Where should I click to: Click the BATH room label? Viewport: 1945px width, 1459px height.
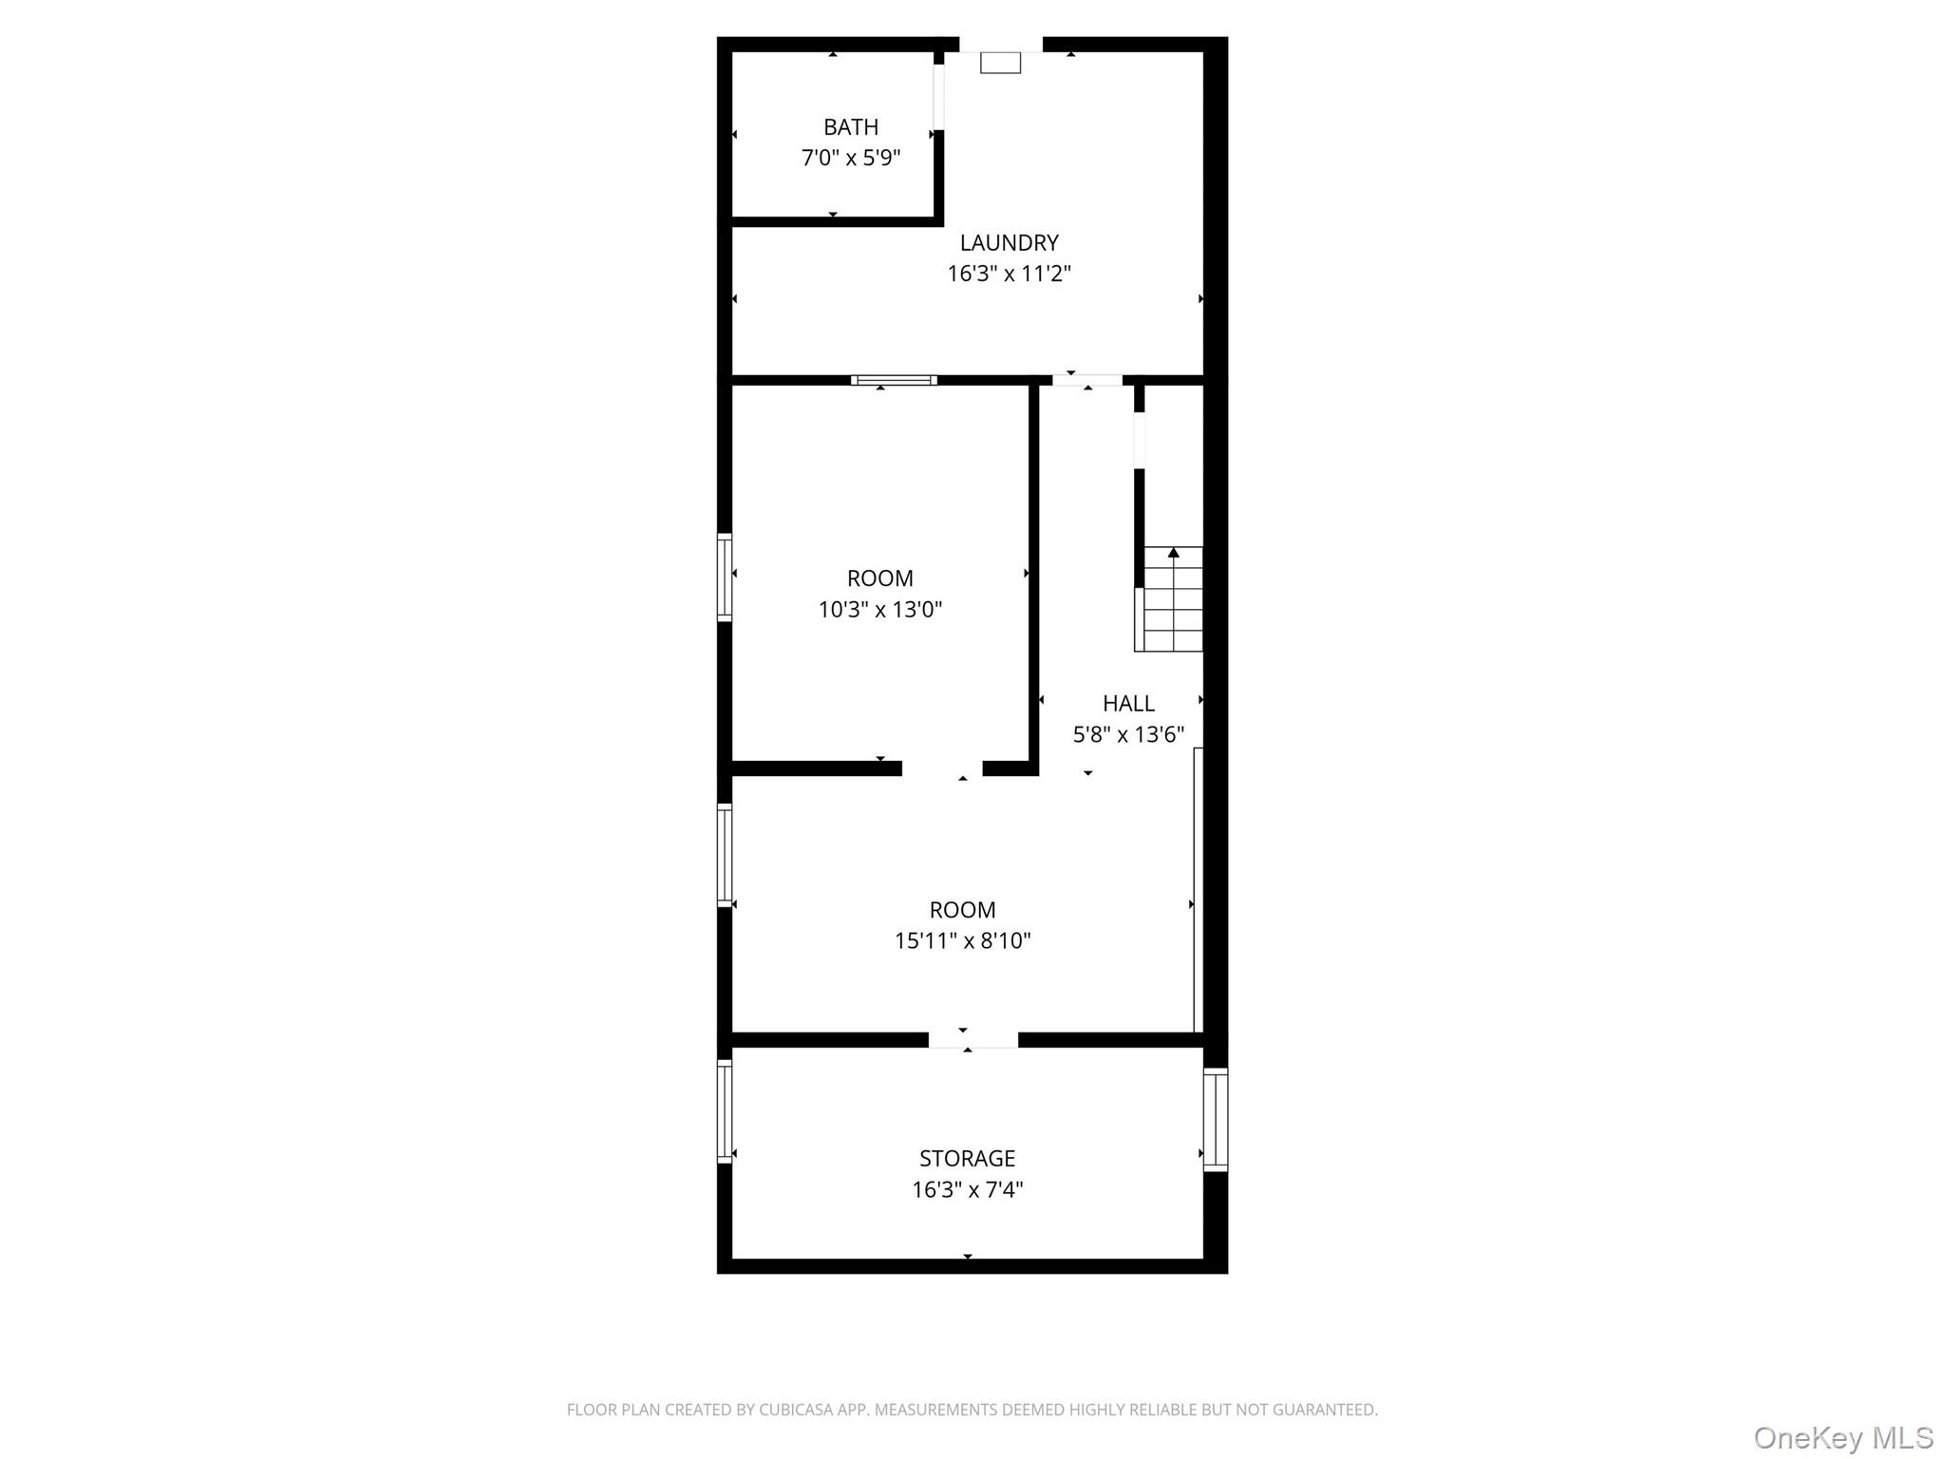850,127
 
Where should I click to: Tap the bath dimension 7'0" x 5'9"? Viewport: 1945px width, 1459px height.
850,158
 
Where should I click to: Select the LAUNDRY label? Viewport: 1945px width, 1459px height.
1009,243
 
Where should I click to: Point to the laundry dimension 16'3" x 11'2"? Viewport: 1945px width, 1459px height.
1009,274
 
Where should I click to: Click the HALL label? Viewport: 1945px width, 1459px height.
1128,704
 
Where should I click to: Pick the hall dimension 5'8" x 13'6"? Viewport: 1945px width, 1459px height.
1128,734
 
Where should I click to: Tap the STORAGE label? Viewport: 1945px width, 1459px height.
967,1159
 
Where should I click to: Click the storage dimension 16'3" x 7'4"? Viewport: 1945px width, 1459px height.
967,1189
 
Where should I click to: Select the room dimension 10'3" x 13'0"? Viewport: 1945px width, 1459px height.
879,609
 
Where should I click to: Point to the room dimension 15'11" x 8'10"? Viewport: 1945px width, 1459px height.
962,940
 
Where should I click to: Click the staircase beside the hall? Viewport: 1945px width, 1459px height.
1169,600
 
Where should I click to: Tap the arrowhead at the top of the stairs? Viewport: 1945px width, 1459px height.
1173,553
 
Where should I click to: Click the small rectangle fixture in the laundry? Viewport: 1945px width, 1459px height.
1000,63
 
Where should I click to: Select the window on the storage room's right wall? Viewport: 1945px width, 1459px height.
1215,1119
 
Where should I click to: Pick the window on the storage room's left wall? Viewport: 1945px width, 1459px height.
725,1110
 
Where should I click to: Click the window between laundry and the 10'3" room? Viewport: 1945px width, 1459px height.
894,381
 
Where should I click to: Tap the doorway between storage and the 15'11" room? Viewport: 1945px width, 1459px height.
972,1040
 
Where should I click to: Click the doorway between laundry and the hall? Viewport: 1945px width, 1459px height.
1086,381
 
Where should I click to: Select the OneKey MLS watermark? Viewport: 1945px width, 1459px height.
1842,1437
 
